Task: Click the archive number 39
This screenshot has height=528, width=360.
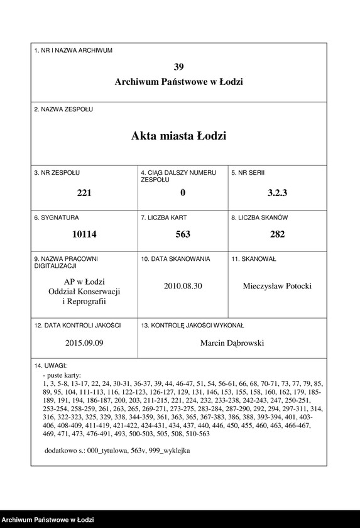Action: coord(179,67)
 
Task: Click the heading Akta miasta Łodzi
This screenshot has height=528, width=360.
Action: coord(179,136)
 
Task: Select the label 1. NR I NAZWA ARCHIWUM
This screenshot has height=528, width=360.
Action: coord(74,50)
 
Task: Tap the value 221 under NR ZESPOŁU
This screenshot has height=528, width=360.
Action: coord(84,194)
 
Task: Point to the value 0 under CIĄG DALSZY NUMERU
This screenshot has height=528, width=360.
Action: coord(182,194)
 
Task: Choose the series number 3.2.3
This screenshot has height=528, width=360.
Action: coord(277,194)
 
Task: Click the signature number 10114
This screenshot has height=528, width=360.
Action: coord(84,234)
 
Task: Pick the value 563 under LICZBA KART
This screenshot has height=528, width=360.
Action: coord(182,234)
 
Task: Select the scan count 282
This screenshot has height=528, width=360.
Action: coord(277,234)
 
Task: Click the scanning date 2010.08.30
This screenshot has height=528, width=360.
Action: coord(183,286)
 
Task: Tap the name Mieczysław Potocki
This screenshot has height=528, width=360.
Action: coord(277,286)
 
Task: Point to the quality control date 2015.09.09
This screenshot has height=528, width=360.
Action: coord(84,343)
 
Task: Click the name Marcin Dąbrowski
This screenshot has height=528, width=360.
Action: coord(232,343)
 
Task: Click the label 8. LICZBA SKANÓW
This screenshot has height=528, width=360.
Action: coord(259,217)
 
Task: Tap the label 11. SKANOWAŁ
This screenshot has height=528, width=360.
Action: coord(254,258)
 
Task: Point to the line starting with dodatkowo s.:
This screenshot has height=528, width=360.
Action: coord(117,451)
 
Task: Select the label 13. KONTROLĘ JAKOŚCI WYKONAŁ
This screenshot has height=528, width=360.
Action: coord(192,326)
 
